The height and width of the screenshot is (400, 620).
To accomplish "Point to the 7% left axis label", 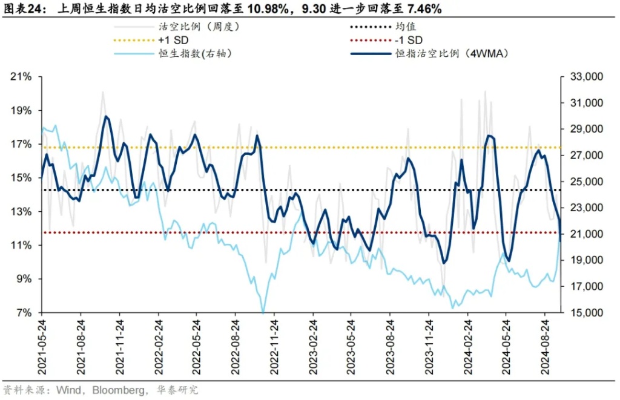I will coord(24,313).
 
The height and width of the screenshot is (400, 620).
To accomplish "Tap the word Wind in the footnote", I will coord(70,389).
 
